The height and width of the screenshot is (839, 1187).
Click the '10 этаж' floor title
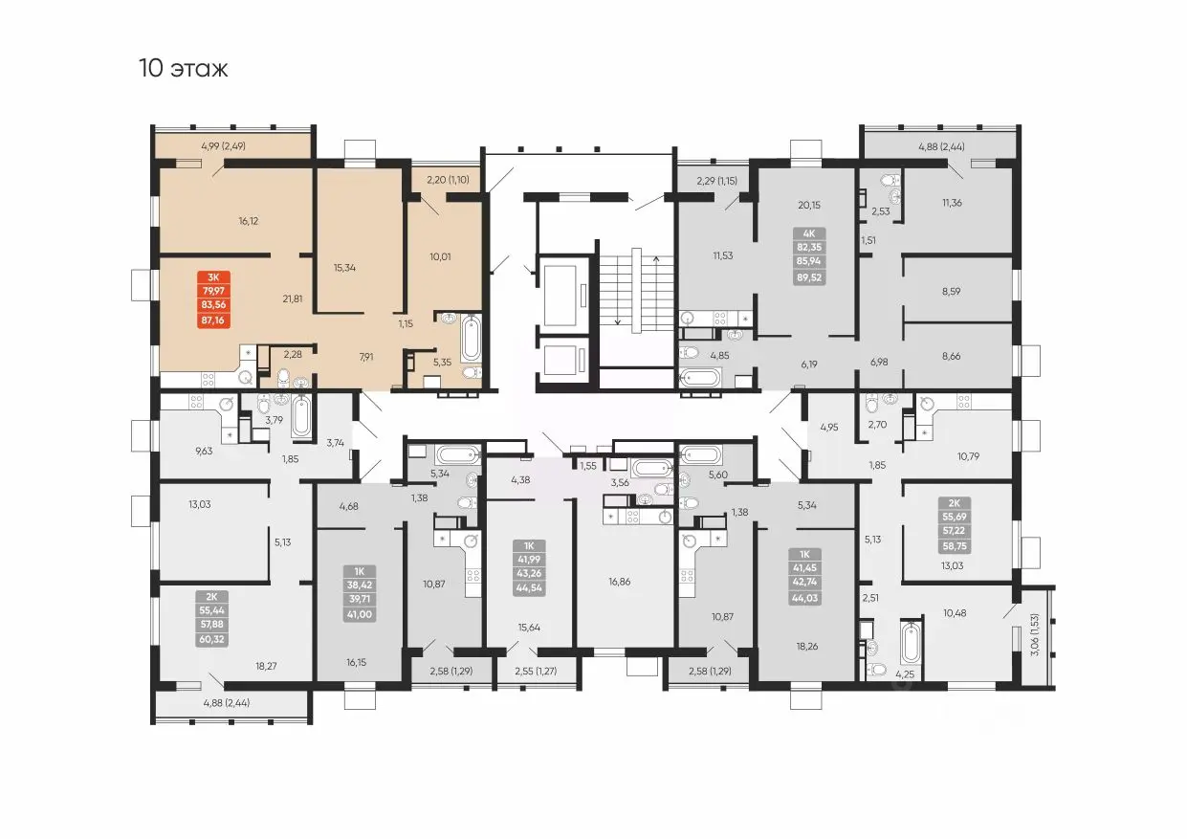(184, 69)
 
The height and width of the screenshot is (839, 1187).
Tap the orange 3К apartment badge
(213, 299)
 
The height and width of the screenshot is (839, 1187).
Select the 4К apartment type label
(809, 233)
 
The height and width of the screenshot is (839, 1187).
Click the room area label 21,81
(293, 298)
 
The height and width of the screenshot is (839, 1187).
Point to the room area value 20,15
(809, 205)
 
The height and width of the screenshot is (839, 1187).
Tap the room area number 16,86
(620, 582)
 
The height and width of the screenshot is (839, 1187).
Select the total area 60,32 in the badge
(212, 639)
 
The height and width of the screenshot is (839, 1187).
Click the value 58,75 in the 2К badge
(955, 546)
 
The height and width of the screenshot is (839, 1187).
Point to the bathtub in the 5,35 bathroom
(471, 338)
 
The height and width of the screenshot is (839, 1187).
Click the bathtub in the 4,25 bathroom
(911, 642)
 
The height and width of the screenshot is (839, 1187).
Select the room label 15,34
(344, 268)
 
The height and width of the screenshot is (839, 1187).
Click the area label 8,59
(951, 291)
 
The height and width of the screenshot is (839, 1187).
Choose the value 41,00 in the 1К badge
(360, 614)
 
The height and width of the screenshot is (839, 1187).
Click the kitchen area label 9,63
(204, 451)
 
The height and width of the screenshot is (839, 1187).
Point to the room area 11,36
(952, 203)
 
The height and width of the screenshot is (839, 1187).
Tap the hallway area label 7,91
(366, 357)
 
